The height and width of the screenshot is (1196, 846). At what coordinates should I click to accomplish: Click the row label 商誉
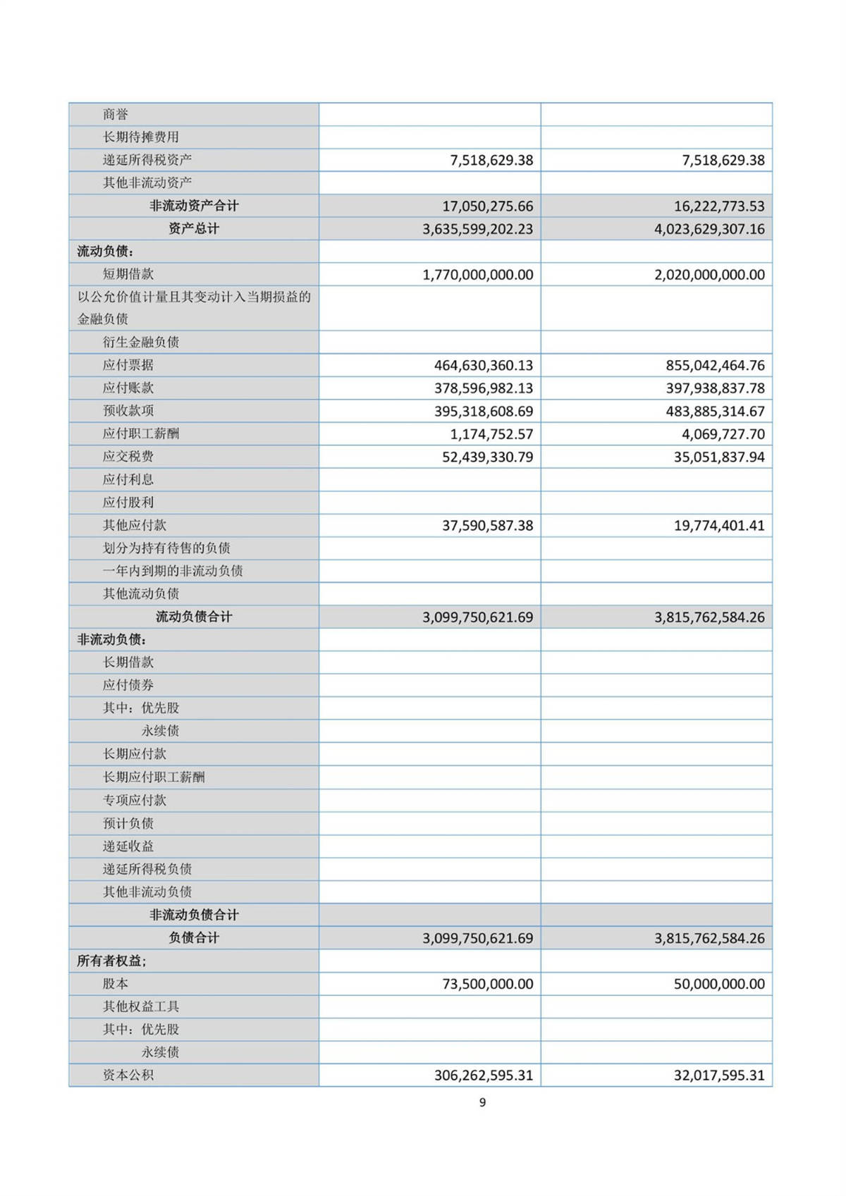click(116, 114)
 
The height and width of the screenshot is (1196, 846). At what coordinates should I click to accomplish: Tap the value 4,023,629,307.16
click(709, 229)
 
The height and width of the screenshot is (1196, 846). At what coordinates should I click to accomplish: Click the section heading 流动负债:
click(106, 252)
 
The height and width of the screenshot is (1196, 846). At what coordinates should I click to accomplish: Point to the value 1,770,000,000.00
click(477, 275)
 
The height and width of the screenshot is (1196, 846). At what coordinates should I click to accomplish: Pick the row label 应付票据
click(128, 365)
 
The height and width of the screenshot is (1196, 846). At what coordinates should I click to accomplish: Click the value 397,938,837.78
click(715, 388)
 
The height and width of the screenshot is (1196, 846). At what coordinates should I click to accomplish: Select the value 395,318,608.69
click(483, 411)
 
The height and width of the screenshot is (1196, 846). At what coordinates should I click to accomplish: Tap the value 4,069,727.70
click(723, 434)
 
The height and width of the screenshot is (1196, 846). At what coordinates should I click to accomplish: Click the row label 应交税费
click(128, 457)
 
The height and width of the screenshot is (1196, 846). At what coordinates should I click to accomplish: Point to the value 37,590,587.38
click(487, 526)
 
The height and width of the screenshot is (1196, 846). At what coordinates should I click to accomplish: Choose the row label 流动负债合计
click(194, 617)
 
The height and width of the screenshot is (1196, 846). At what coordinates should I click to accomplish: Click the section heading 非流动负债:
click(112, 640)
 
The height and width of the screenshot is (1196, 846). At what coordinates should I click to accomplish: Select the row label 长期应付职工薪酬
click(154, 777)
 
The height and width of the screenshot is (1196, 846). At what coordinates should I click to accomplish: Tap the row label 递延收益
click(128, 846)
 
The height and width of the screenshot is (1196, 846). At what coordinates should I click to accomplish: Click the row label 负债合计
click(194, 938)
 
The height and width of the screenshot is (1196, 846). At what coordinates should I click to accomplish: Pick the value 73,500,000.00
click(487, 984)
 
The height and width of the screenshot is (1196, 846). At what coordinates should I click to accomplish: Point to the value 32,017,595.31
click(718, 1075)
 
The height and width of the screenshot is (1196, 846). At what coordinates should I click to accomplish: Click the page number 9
click(482, 1102)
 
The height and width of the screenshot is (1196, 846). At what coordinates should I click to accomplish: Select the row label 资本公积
click(128, 1075)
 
